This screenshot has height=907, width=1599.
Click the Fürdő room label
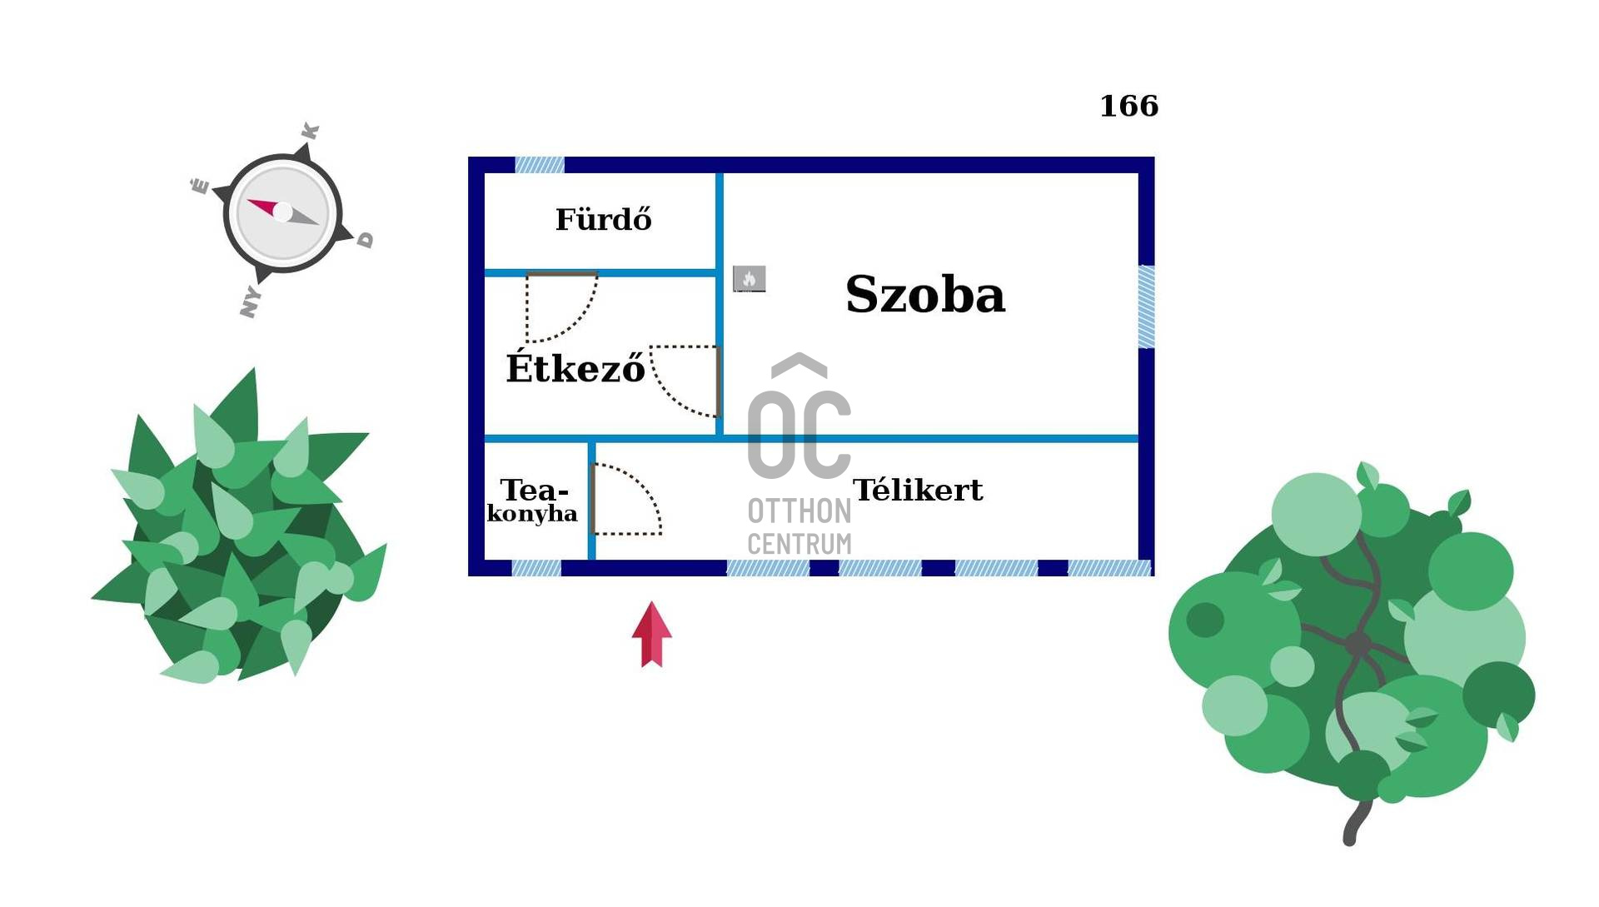[603, 220]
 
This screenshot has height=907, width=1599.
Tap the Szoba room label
[924, 294]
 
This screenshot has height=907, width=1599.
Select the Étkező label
[575, 368]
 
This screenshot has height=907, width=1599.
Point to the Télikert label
[917, 490]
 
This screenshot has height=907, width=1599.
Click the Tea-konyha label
[532, 501]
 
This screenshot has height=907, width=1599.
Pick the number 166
[1128, 106]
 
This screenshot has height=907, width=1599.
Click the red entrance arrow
[651, 635]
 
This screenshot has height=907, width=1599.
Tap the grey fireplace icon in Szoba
[749, 279]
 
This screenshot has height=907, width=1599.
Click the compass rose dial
[282, 213]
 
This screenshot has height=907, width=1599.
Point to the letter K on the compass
[310, 132]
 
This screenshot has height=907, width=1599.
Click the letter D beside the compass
[366, 240]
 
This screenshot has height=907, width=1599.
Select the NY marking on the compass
[250, 302]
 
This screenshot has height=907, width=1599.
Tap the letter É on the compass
[200, 185]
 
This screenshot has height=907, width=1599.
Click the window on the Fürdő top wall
[540, 165]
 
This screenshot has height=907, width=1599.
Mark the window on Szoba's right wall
[1146, 306]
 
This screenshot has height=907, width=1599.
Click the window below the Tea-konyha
[536, 568]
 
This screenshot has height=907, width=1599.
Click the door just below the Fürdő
[560, 306]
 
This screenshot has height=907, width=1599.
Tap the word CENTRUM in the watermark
[799, 545]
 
